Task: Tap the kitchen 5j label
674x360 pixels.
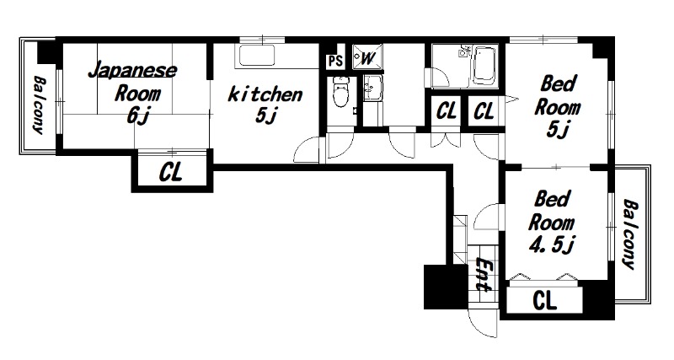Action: [x=265, y=104]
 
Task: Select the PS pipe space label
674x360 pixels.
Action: [x=335, y=61]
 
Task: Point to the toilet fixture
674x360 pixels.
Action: [x=341, y=92]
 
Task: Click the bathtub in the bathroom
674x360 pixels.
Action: [x=485, y=67]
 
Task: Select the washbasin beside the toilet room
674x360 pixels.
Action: [x=372, y=88]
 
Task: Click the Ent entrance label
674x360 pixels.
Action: [x=485, y=273]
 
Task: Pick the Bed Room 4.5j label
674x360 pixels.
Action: [x=552, y=223]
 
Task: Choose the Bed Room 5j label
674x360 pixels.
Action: [x=558, y=106]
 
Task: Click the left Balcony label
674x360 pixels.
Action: [x=39, y=104]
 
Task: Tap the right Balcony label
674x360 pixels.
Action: [x=629, y=234]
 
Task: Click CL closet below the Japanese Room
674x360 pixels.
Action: [x=171, y=171]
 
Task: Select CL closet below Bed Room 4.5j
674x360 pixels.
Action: [x=544, y=300]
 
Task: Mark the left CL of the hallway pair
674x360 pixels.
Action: [x=447, y=111]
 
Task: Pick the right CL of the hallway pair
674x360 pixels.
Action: [x=484, y=111]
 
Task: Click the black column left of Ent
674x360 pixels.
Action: [x=446, y=287]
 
